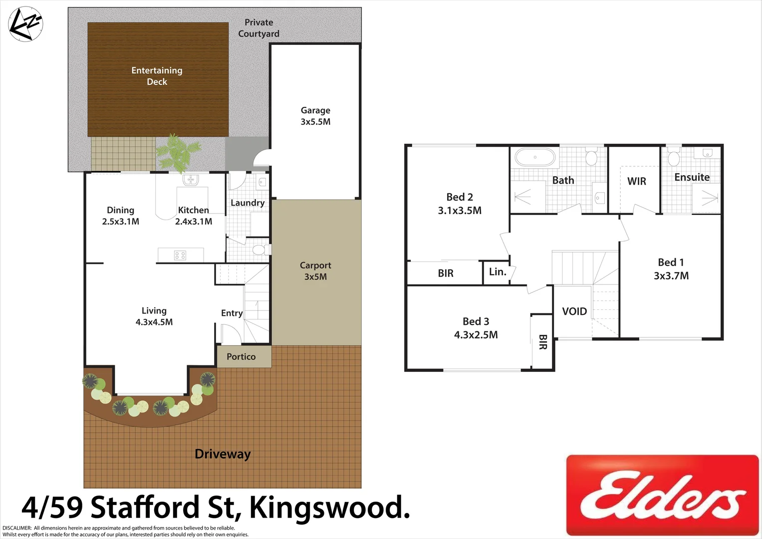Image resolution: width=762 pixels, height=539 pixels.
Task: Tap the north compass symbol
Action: pyautogui.click(x=26, y=24)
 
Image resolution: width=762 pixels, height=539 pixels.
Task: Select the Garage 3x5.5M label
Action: pyautogui.click(x=315, y=116)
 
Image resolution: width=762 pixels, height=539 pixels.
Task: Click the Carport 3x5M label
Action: pyautogui.click(x=315, y=271)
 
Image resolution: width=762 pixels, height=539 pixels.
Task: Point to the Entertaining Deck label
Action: pyautogui.click(x=157, y=76)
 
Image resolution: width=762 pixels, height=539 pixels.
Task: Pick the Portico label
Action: pyautogui.click(x=241, y=357)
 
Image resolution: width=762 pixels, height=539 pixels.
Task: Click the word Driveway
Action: pyautogui.click(x=223, y=454)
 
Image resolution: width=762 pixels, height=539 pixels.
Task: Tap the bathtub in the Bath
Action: pyautogui.click(x=535, y=157)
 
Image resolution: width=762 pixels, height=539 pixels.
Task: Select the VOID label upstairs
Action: pyautogui.click(x=574, y=311)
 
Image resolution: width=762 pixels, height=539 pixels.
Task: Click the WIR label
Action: pyautogui.click(x=637, y=181)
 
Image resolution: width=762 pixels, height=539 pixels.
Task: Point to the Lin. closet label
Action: pyautogui.click(x=498, y=272)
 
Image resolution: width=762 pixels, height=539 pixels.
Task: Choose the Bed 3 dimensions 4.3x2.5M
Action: pyautogui.click(x=476, y=335)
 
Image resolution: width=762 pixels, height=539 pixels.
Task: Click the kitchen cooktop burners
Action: pyautogui.click(x=180, y=256)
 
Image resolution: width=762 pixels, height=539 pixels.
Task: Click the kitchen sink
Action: pyautogui.click(x=191, y=179)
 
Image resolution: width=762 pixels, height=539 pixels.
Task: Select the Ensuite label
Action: pyautogui.click(x=692, y=177)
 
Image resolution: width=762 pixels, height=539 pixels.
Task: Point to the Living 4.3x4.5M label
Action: pyautogui.click(x=154, y=316)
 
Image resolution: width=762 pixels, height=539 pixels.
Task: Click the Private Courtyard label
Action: pyautogui.click(x=258, y=28)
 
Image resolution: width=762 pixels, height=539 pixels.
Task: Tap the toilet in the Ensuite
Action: pyautogui.click(x=674, y=157)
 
